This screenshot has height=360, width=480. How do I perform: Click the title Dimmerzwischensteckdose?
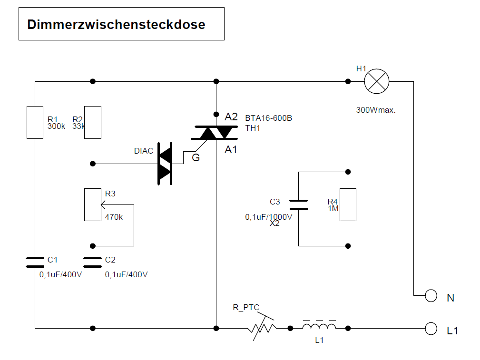coord(116,24)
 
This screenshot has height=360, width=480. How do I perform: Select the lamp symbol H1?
coord(377,81)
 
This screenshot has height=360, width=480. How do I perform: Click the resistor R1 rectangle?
coord(35,123)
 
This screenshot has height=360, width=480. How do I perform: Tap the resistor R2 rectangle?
coord(93,123)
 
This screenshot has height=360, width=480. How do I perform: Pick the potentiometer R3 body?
coord(93,205)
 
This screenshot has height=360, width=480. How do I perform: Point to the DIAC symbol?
coord(165,165)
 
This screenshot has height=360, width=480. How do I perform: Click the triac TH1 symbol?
coord(216,133)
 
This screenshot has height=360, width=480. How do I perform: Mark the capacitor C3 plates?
coord(299,204)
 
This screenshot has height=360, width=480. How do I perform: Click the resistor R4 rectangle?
coord(348,205)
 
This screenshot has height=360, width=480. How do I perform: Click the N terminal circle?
coord(431,296)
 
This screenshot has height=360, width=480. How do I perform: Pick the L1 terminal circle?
coord(431,328)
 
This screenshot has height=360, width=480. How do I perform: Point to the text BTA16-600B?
coord(268,118)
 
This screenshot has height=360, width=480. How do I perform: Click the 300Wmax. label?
coord(376,110)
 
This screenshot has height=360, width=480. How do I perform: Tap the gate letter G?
coord(196,157)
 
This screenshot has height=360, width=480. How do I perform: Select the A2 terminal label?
coord(231,117)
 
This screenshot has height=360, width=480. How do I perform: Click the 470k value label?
coord(114,217)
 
